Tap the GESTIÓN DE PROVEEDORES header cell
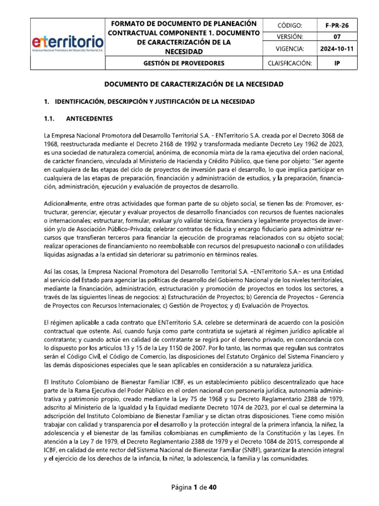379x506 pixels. pos(184,63)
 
